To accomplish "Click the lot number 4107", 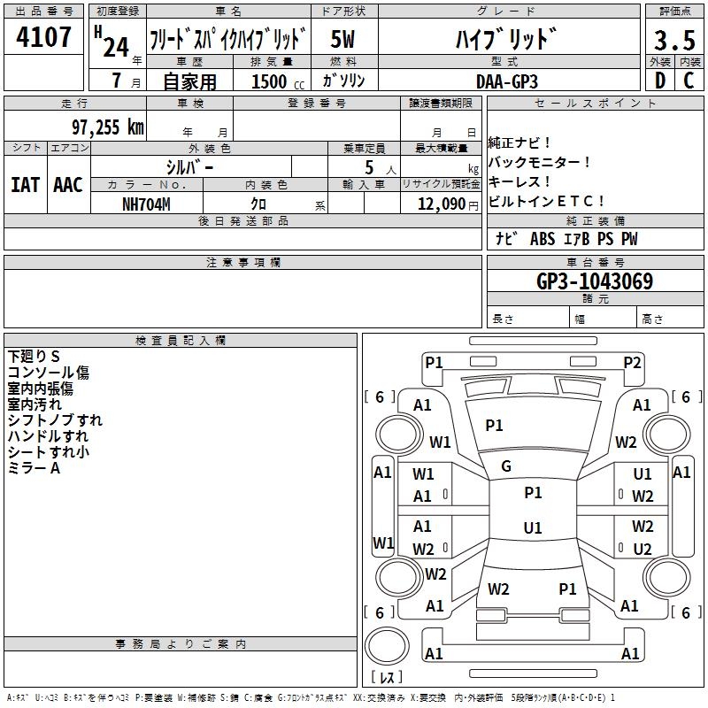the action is pos(43,37).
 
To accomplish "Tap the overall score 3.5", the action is pos(674,40).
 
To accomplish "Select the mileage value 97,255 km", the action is pos(108,127).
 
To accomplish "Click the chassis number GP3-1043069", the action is pos(595,281).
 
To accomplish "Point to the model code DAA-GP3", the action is pos(507,81).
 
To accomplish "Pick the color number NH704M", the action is pos(146,204).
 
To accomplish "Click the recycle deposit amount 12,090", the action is pos(442,204).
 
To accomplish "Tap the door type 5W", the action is pos(342,39).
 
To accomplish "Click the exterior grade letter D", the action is pos(660,81).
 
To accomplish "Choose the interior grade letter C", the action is pos(689,81).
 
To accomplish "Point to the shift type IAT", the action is pos(26,185).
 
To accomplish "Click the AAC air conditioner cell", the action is pos(68,185).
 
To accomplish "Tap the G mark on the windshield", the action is pos(506,466).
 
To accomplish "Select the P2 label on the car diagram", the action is pos(632,363).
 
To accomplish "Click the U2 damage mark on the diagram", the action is pos(643,549).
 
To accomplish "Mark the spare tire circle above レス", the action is pos(387,645).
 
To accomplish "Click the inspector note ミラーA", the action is pos(34,468).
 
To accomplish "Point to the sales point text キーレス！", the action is pos(519,181).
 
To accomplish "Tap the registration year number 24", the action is pos(116,47).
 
